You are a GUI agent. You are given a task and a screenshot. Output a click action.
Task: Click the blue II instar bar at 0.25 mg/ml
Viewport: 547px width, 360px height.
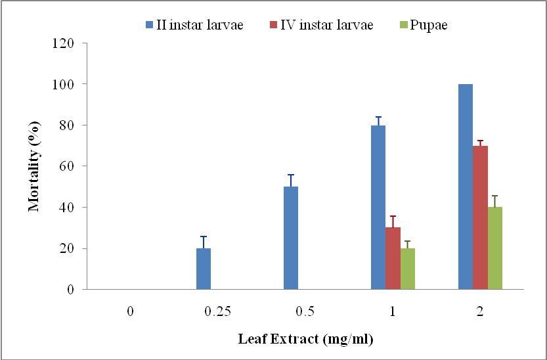coord(204,269)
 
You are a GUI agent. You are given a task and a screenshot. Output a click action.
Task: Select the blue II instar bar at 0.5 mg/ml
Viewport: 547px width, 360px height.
coord(291,238)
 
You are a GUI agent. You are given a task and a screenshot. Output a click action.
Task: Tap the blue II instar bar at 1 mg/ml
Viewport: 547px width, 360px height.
coord(378,207)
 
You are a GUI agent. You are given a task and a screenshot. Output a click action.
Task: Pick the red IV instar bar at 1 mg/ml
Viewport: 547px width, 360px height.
coord(393,258)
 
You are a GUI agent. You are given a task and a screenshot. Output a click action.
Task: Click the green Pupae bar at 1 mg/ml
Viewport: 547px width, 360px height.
coord(408,269)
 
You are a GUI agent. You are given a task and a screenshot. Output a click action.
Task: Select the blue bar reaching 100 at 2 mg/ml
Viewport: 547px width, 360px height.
coord(465,187)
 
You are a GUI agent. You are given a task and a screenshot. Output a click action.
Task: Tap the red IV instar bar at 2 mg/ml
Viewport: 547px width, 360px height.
coord(480,217)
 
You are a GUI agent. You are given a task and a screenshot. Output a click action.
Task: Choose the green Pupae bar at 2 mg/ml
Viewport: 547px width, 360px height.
coord(495,248)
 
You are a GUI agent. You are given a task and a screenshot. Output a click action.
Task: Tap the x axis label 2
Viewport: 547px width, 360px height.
coord(480,312)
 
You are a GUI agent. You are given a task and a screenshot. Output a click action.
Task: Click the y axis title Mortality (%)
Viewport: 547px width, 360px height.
coord(33,166)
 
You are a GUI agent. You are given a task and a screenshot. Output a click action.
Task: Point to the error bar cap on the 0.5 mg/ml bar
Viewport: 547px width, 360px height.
coord(291,175)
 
